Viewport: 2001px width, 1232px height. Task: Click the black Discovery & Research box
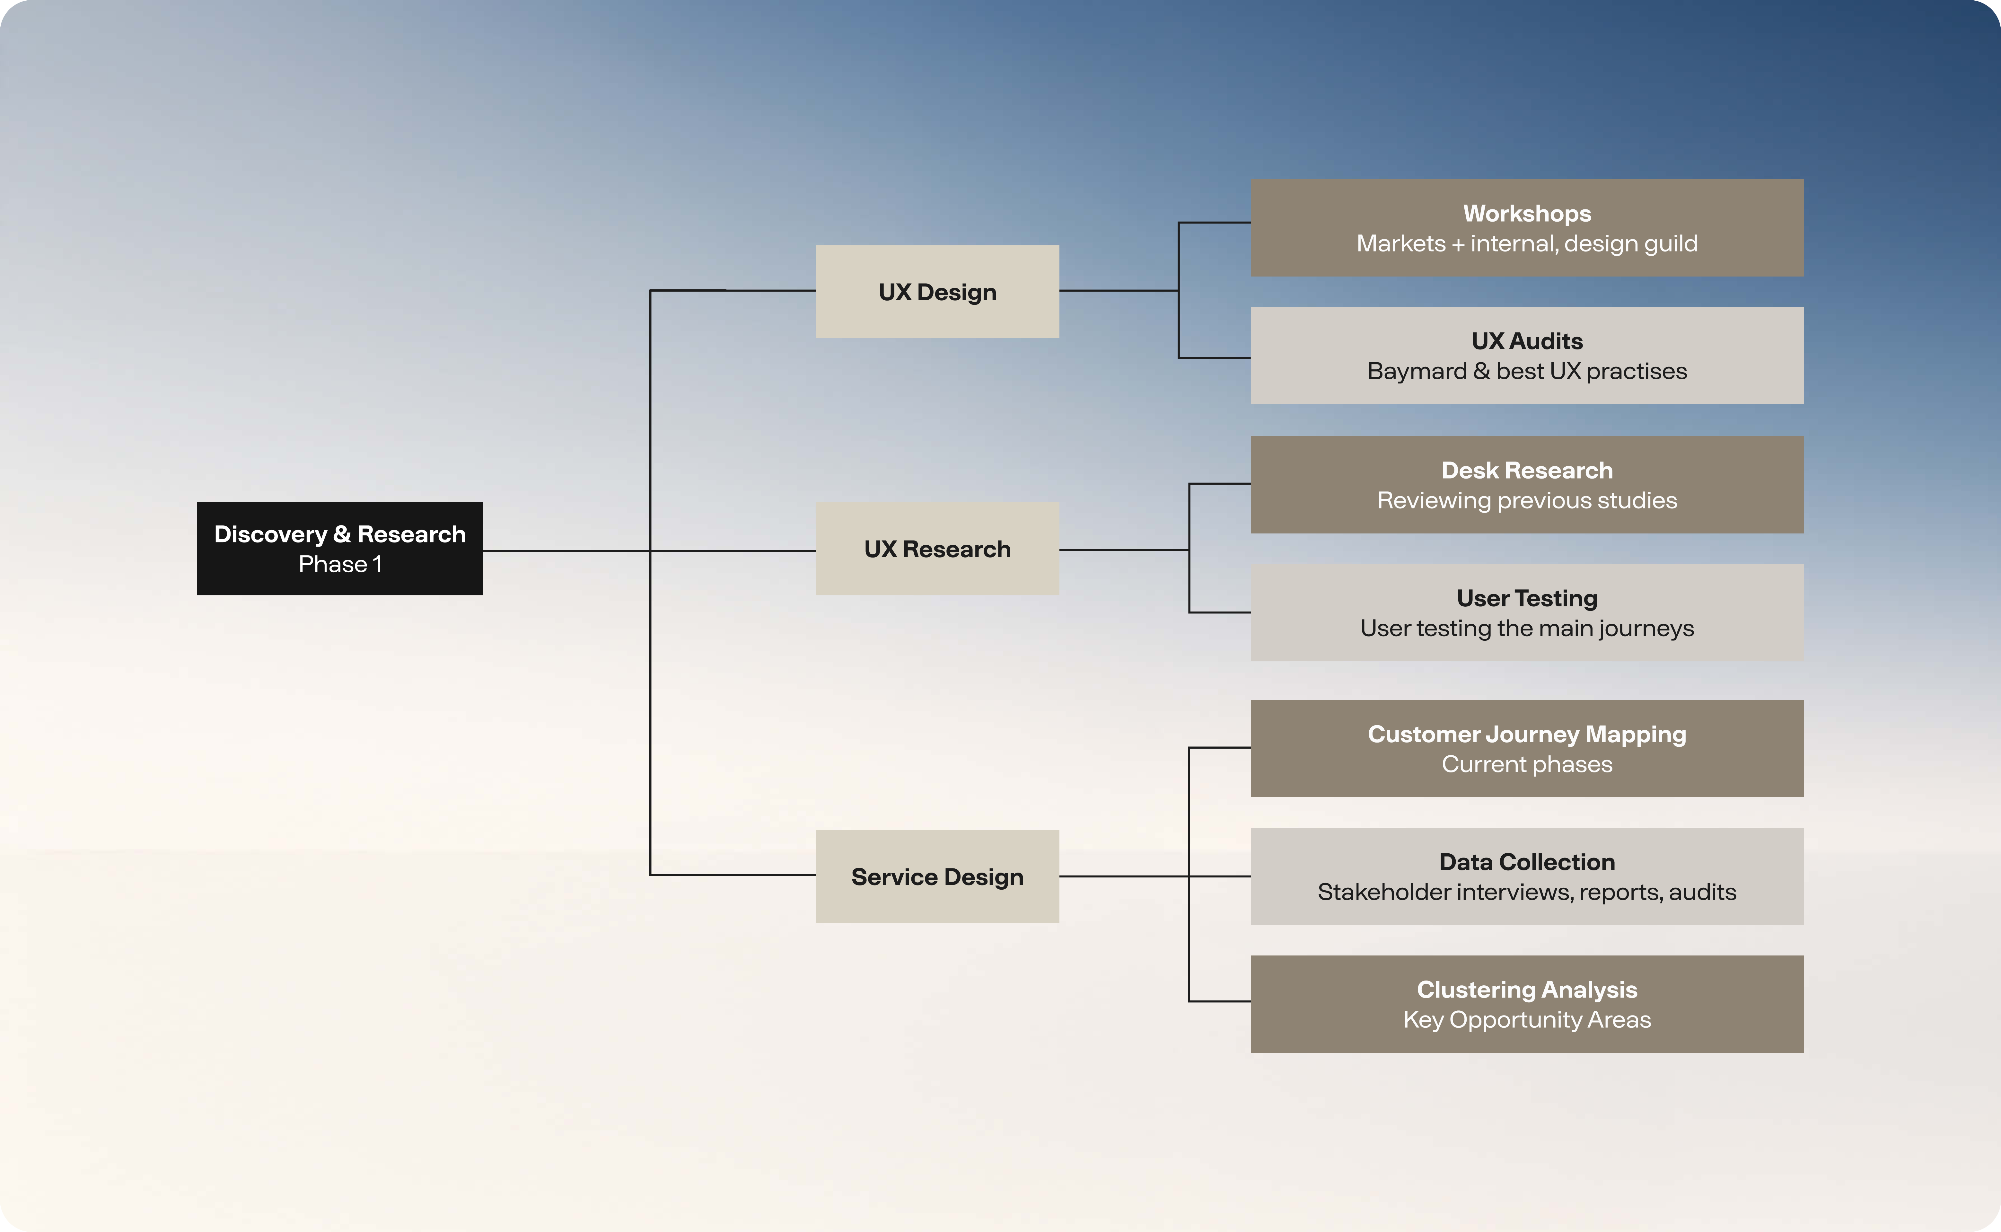(x=340, y=548)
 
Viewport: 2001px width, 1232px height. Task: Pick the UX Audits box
(x=1527, y=355)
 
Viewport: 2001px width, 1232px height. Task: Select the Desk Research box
(x=1527, y=485)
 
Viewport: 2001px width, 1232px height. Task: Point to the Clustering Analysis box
(x=1527, y=1004)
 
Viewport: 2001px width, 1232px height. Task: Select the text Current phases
(x=1527, y=764)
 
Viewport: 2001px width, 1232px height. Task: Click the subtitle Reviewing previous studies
(x=1527, y=500)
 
